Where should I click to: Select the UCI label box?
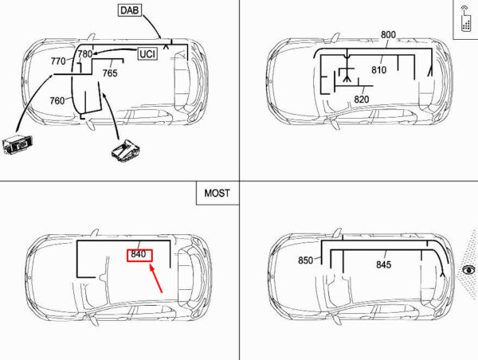pos(147,54)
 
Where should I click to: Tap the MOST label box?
pos(217,193)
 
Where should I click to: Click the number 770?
pos(58,61)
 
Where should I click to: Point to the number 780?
pos(84,53)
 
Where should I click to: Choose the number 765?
pos(110,73)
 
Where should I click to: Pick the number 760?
pos(57,101)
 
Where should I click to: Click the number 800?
pos(388,34)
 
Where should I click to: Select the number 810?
pos(378,70)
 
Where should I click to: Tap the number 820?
pos(361,100)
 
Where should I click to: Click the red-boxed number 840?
pos(137,255)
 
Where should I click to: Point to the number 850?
pos(305,260)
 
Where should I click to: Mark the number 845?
pos(383,265)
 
